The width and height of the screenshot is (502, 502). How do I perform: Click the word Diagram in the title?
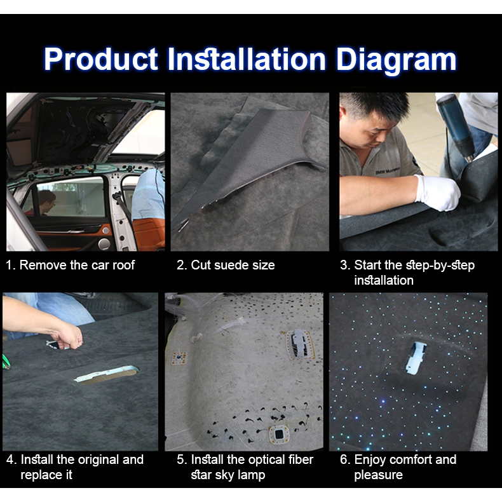(x=396, y=60)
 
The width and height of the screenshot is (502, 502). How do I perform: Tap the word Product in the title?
(x=101, y=59)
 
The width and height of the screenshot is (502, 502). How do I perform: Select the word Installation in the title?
(x=247, y=59)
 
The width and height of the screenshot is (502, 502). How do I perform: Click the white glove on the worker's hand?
(x=437, y=192)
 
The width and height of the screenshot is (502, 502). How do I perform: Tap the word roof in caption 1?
(x=123, y=265)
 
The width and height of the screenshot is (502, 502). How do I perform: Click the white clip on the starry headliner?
(x=416, y=358)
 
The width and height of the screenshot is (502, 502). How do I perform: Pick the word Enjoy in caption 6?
(x=370, y=460)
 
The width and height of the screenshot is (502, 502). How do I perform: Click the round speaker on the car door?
(x=104, y=244)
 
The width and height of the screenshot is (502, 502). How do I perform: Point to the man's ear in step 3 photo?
(x=343, y=115)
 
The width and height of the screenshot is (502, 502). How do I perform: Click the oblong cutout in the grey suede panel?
(x=107, y=374)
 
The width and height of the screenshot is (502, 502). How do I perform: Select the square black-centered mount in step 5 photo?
(x=279, y=434)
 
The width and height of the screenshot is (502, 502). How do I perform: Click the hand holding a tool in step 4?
(x=69, y=337)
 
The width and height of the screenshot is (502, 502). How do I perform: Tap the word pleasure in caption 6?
(x=378, y=475)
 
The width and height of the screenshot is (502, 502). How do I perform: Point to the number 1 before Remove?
(x=9, y=265)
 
